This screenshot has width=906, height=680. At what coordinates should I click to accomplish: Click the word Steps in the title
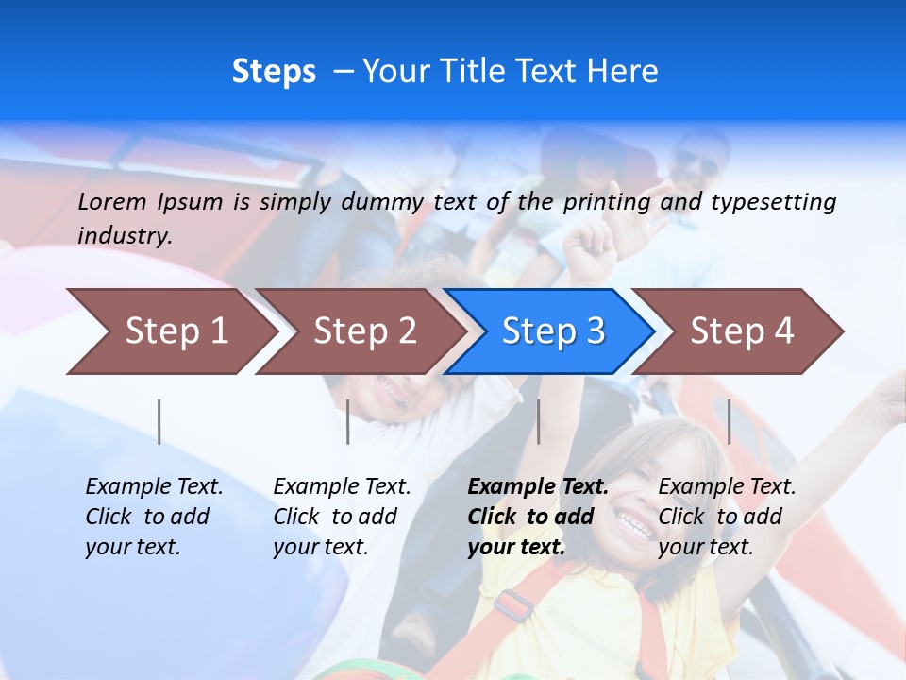tap(274, 72)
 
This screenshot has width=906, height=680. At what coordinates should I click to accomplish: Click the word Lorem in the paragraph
tap(112, 202)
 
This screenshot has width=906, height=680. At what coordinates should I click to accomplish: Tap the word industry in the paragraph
tap(125, 236)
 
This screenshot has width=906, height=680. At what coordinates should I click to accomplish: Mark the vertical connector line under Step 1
tap(159, 421)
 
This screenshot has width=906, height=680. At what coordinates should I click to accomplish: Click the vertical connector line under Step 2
tap(348, 421)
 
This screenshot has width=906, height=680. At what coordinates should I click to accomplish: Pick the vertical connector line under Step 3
tap(539, 421)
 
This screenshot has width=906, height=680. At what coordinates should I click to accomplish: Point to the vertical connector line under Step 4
tap(729, 421)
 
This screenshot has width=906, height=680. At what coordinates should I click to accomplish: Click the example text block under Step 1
tap(154, 517)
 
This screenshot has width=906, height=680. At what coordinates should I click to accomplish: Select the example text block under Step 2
tap(342, 517)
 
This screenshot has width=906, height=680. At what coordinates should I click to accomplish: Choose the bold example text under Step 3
tap(538, 517)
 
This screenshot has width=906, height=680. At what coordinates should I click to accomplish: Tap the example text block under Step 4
tap(727, 517)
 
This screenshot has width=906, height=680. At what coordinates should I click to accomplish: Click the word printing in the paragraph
tap(607, 202)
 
